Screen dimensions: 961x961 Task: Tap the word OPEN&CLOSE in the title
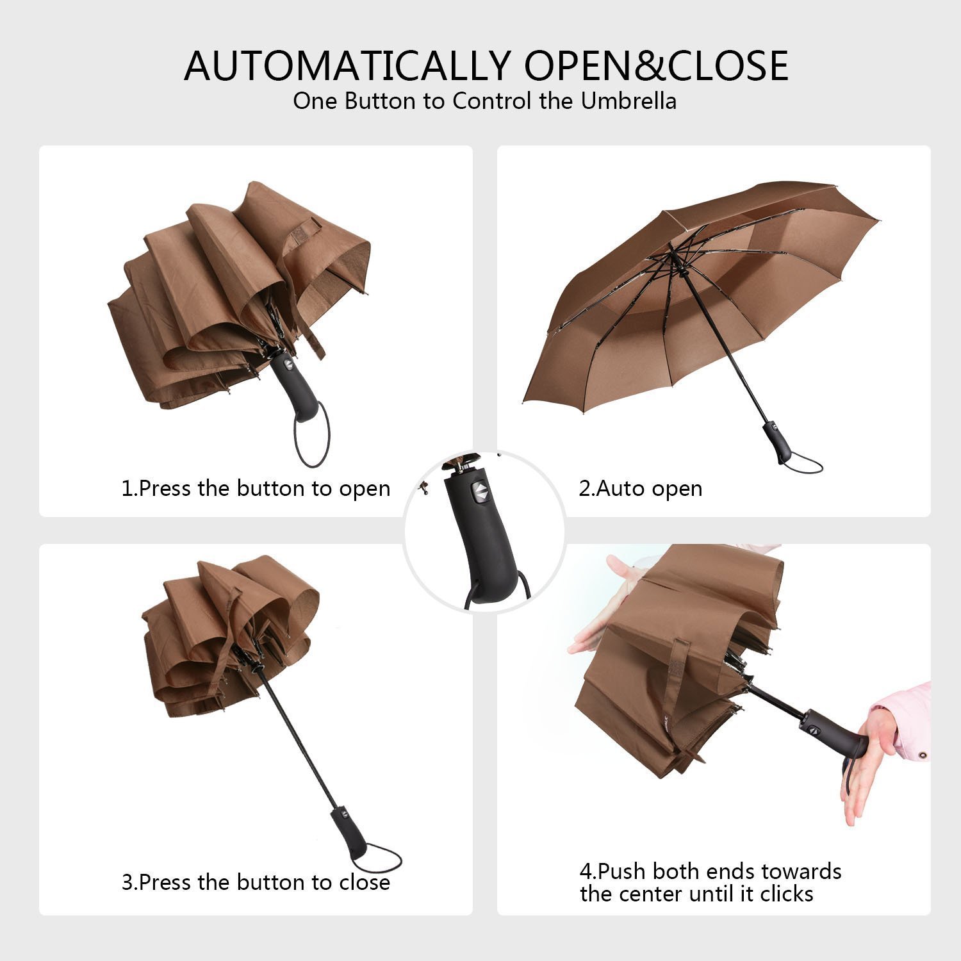coord(656,65)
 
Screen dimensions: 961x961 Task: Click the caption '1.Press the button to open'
coord(256,488)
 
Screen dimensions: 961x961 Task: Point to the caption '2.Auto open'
coord(640,488)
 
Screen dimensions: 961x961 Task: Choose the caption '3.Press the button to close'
coord(256,882)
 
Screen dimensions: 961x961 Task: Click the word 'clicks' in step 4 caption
coord(786,893)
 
